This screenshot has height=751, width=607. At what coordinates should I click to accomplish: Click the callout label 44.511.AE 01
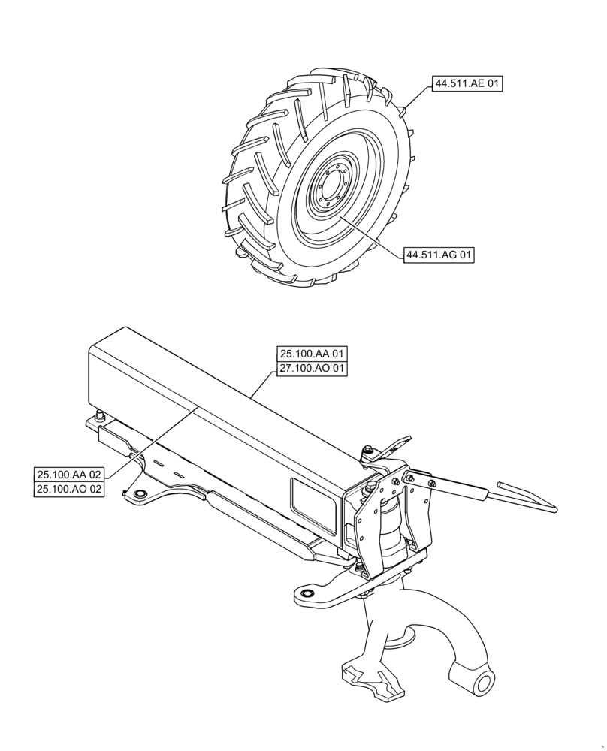pos(466,84)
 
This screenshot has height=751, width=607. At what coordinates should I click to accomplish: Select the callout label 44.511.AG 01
pos(439,255)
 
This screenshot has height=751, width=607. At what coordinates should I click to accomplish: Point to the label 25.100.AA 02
pos(69,474)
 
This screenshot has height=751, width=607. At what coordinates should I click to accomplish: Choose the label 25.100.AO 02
pos(69,489)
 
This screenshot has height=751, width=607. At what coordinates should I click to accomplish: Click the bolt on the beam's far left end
pos(99,415)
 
